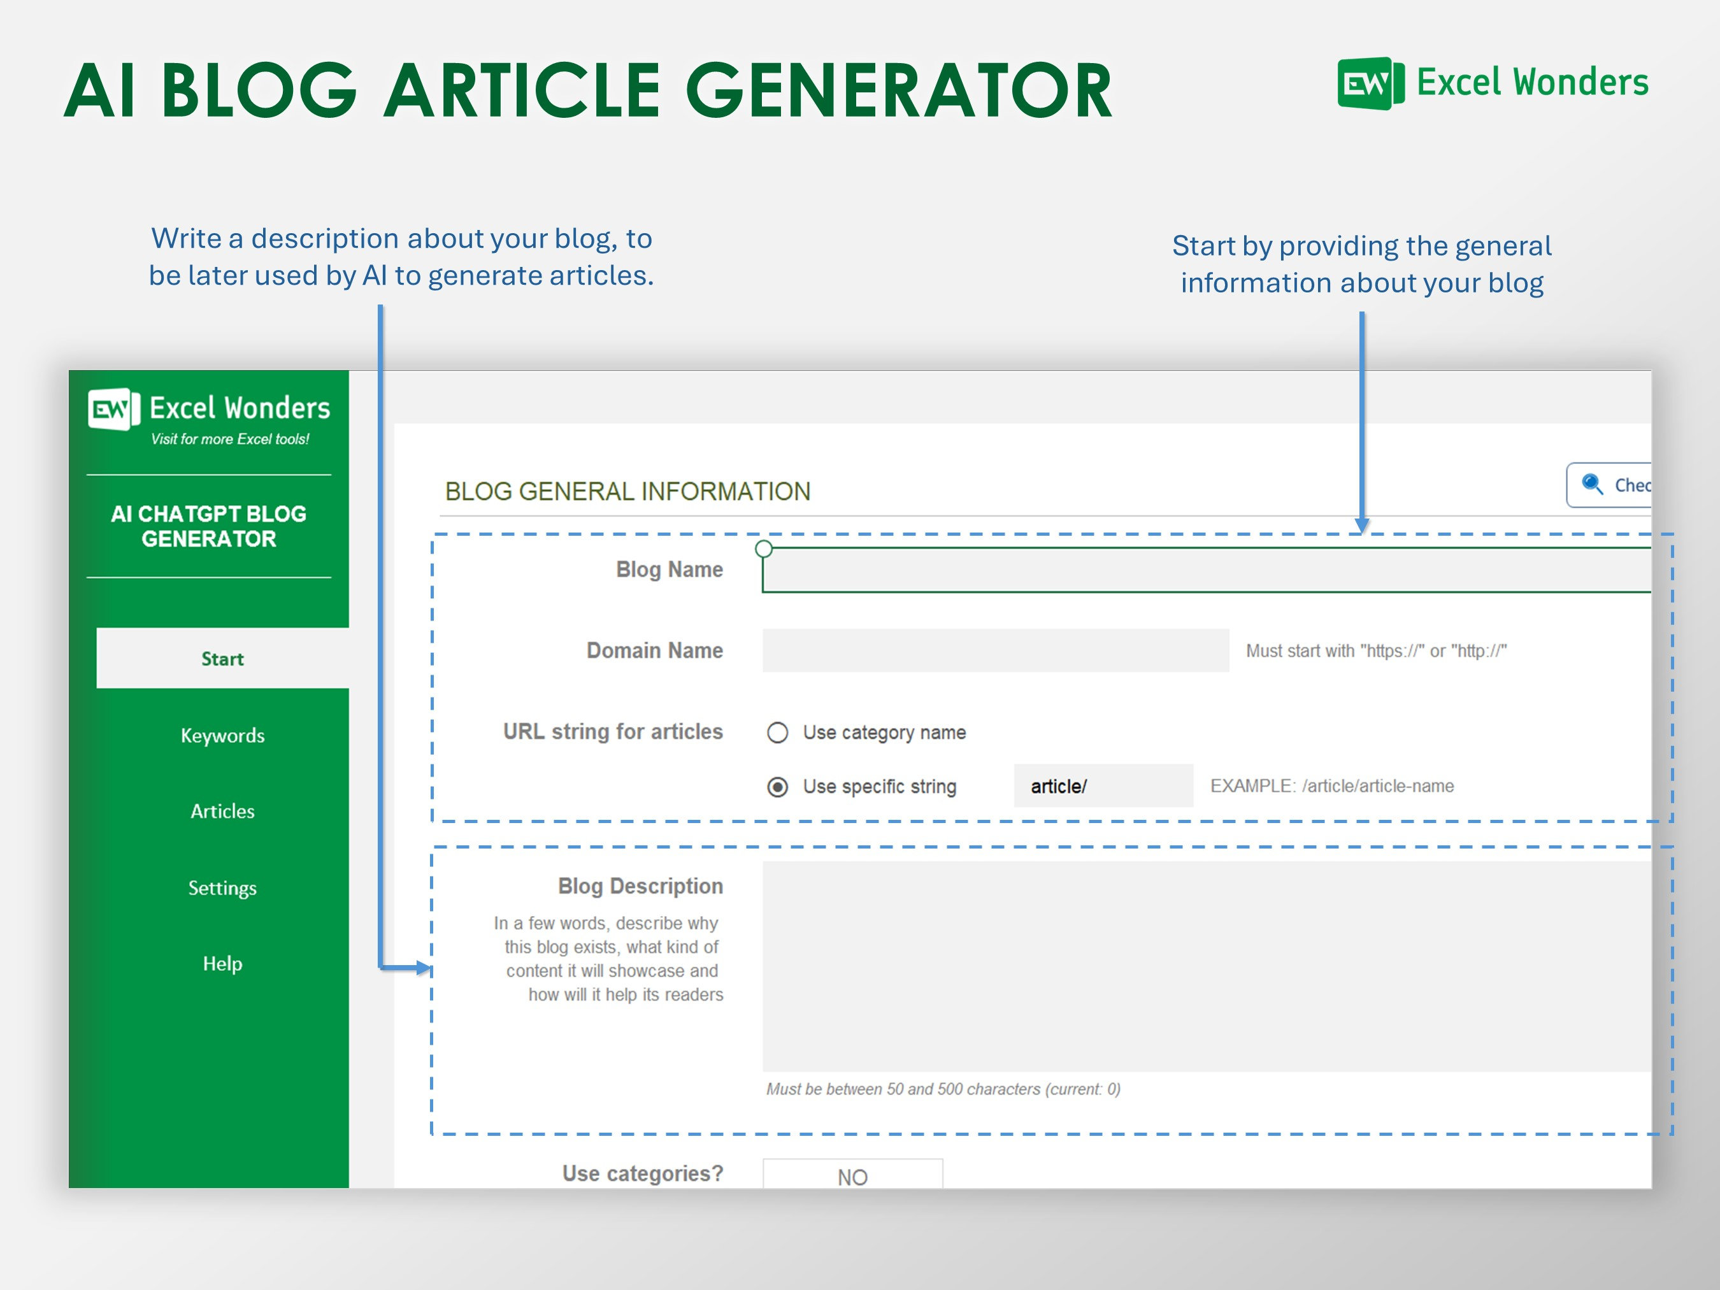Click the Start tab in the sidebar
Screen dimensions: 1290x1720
point(222,659)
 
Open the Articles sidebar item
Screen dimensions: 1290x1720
point(222,811)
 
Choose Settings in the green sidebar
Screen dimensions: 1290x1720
point(222,887)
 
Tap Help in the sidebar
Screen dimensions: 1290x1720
point(222,963)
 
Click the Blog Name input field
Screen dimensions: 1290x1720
point(1205,570)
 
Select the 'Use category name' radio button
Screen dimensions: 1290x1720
point(778,733)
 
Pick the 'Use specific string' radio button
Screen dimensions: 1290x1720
point(778,787)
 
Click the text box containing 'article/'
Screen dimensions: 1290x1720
point(1103,786)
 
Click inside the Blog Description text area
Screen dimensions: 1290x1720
point(1205,966)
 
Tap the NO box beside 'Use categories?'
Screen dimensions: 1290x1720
point(852,1174)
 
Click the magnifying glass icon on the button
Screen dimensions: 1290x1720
point(1592,484)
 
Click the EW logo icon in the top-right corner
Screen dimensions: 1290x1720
point(1370,83)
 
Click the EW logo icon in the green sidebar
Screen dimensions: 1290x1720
point(113,409)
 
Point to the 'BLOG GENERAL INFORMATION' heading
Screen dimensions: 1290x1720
point(627,491)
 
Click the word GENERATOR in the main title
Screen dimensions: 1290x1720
point(899,92)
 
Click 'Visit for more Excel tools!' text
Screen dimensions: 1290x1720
point(230,440)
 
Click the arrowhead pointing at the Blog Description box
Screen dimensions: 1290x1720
point(423,968)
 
